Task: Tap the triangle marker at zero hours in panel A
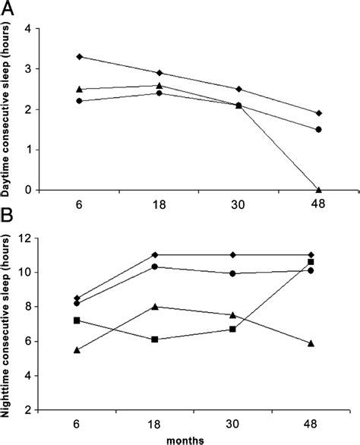[x=318, y=190]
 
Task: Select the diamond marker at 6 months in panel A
[x=80, y=57]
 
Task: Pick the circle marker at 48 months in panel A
[x=318, y=130]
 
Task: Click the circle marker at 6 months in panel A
[x=80, y=101]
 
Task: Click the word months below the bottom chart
[x=197, y=438]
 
